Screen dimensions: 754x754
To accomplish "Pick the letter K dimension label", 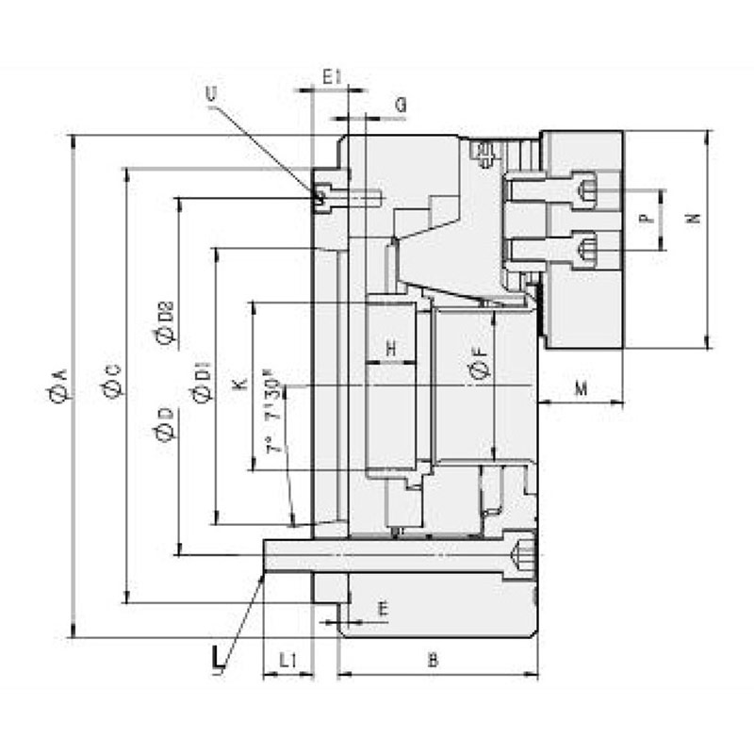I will click(x=238, y=385).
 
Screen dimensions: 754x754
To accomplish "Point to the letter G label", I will click(x=401, y=106).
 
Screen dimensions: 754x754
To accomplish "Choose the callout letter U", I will click(x=209, y=92).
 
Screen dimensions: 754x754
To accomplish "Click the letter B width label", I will click(x=433, y=661).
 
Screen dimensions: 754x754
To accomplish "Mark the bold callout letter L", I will click(x=219, y=655).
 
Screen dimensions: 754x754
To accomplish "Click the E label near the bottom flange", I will click(x=382, y=610).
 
